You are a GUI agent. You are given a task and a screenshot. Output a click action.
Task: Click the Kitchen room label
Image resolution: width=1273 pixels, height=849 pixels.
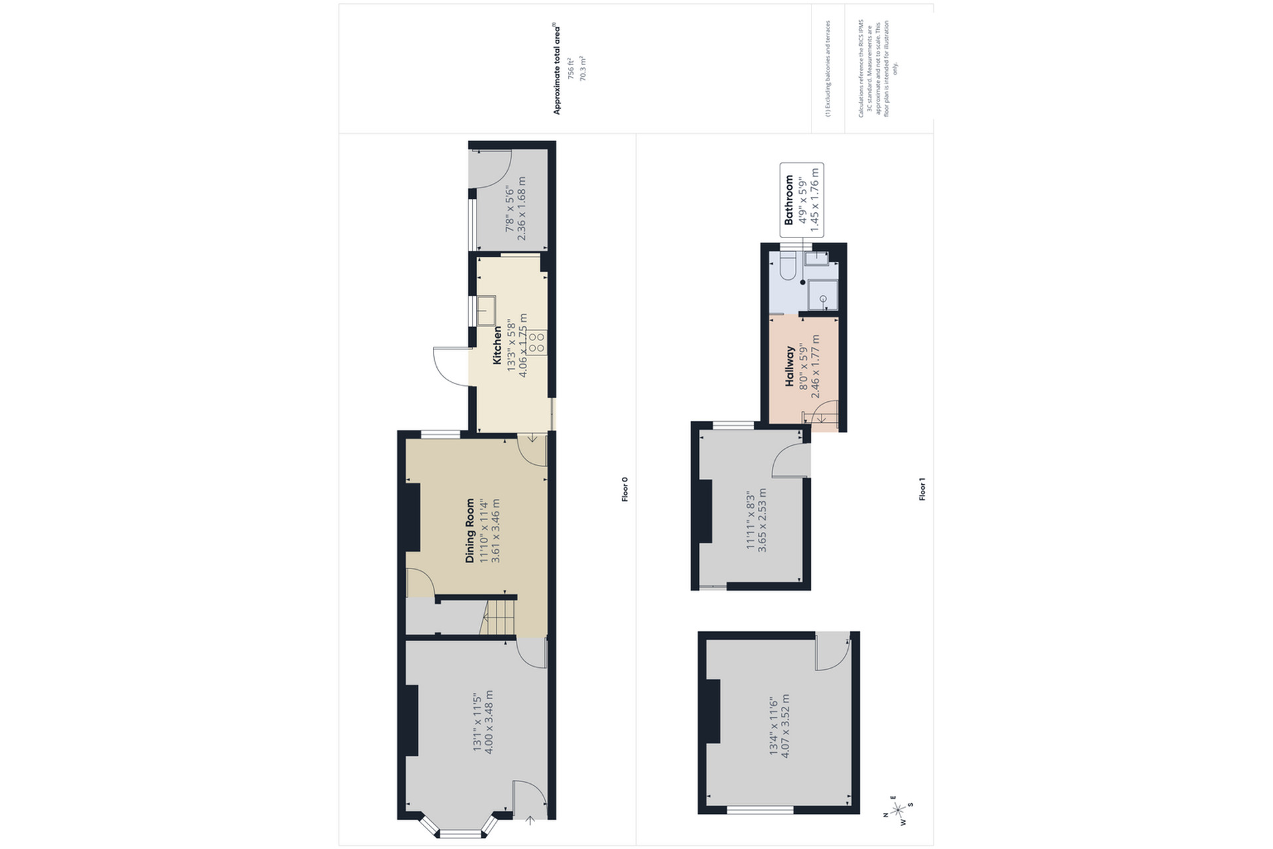(497, 345)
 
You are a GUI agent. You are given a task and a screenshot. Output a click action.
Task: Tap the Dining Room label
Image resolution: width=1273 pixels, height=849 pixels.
(470, 531)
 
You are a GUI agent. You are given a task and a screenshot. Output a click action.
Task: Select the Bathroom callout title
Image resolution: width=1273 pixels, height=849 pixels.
(789, 200)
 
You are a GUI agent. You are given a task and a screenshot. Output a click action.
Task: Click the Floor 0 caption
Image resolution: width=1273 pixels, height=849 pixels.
(625, 489)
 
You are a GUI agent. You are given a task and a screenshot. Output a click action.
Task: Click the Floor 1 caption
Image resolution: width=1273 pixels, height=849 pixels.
(922, 489)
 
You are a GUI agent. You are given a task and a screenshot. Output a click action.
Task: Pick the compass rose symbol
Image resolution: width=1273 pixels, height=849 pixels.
(898, 809)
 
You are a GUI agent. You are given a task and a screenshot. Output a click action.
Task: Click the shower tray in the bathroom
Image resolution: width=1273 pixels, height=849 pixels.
(822, 296)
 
